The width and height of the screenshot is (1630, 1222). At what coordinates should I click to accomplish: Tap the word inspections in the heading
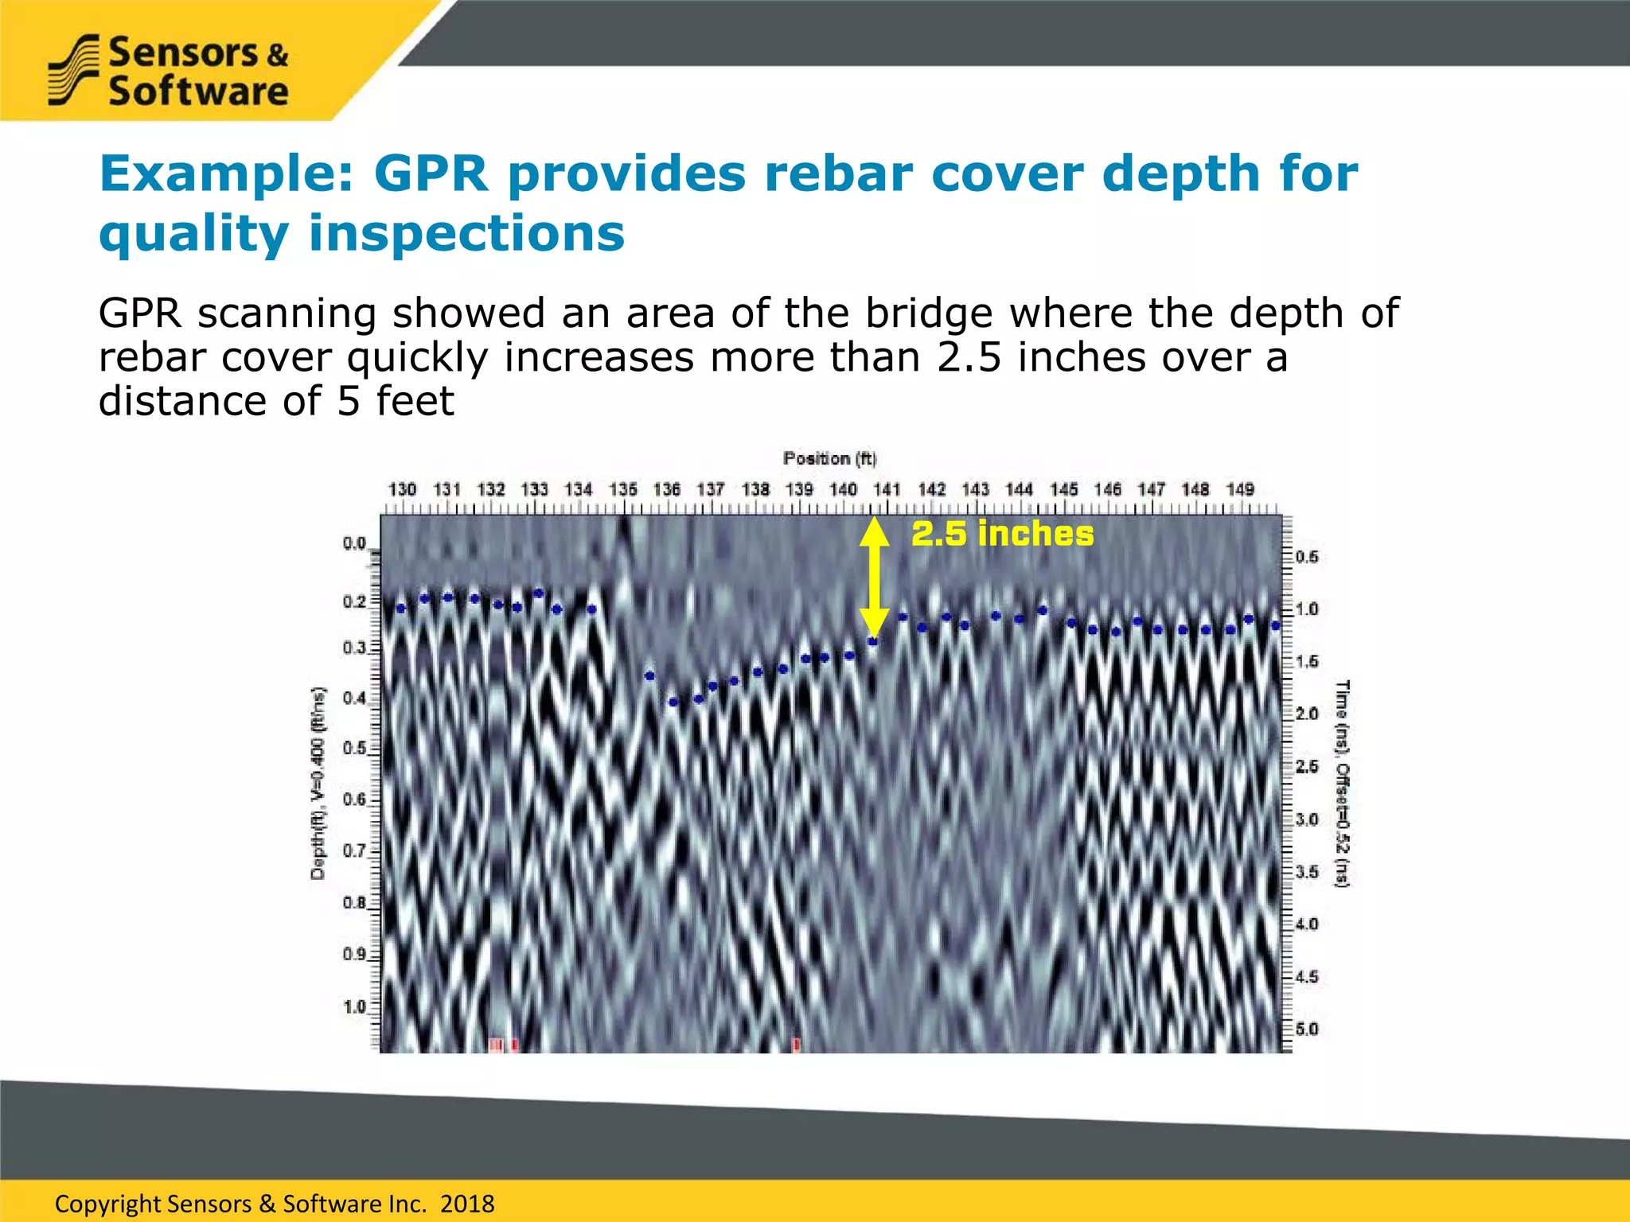pyautogui.click(x=466, y=234)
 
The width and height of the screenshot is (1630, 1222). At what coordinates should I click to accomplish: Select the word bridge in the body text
pyautogui.click(x=930, y=313)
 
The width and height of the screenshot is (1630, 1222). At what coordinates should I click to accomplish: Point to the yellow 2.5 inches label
pyautogui.click(x=1002, y=534)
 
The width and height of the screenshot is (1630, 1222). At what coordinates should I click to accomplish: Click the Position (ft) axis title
pyautogui.click(x=829, y=459)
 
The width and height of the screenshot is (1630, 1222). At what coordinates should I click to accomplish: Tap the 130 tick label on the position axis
pyautogui.click(x=402, y=489)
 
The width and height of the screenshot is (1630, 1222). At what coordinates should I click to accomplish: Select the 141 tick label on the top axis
pyautogui.click(x=887, y=489)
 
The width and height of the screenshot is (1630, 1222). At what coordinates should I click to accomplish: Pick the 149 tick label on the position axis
pyautogui.click(x=1240, y=489)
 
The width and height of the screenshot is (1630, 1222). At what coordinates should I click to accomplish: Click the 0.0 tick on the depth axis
pyautogui.click(x=354, y=543)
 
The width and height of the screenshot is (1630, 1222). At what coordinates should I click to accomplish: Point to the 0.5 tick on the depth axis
pyautogui.click(x=354, y=749)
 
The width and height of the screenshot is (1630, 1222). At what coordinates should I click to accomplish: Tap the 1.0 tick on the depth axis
pyautogui.click(x=354, y=1007)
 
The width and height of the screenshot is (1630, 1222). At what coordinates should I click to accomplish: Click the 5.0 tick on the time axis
pyautogui.click(x=1307, y=1029)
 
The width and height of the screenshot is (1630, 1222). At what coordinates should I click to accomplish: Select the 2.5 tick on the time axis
pyautogui.click(x=1307, y=767)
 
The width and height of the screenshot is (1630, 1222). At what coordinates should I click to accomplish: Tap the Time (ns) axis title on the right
pyautogui.click(x=1342, y=783)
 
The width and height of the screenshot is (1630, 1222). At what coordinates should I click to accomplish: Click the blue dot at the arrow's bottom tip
pyautogui.click(x=872, y=641)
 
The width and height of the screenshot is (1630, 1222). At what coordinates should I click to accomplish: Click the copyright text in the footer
pyautogui.click(x=275, y=1204)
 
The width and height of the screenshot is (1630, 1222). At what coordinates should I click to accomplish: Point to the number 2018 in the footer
pyautogui.click(x=467, y=1204)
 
